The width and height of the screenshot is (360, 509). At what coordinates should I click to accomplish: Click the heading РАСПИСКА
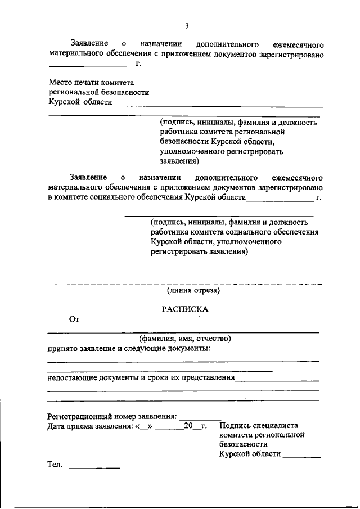[185, 309]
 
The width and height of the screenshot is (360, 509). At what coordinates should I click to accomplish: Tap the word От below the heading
[74, 320]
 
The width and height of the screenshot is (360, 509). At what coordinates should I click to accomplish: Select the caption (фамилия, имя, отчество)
[185, 339]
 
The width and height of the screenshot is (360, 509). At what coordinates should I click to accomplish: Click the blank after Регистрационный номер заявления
[200, 417]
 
